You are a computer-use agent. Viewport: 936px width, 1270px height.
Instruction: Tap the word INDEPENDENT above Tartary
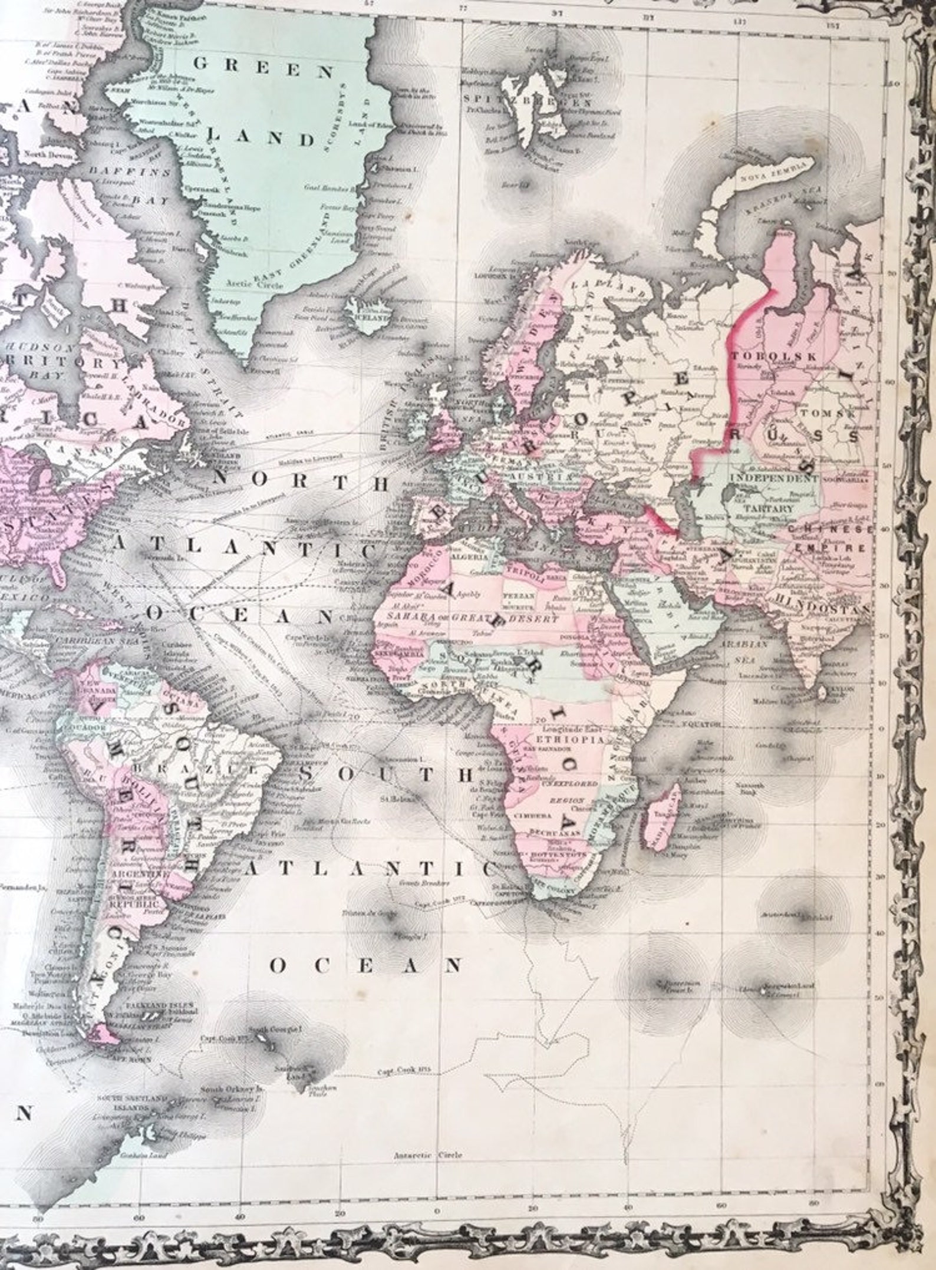[x=774, y=478]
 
